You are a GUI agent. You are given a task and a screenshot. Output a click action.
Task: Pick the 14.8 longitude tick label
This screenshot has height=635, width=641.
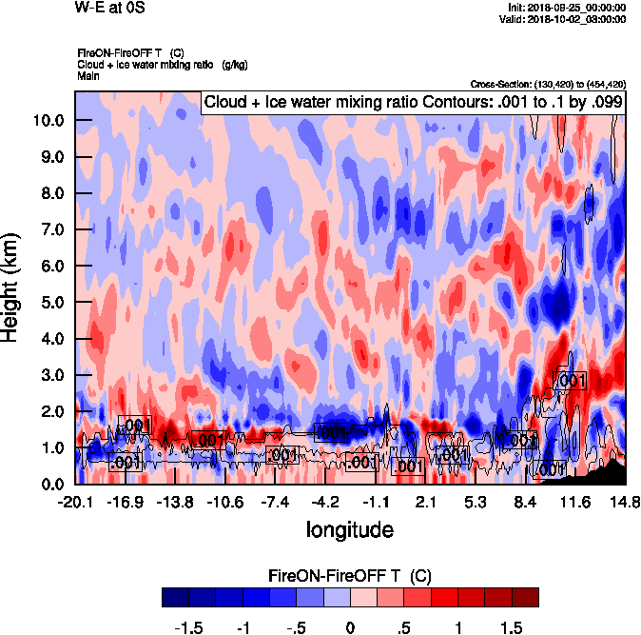pos(624,502)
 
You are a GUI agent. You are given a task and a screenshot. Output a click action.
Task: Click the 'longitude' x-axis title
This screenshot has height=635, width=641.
pos(349,527)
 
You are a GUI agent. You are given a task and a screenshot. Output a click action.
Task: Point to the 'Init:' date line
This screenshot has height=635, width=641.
pos(568,8)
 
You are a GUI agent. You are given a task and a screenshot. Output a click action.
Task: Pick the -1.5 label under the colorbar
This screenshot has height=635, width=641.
pos(190,628)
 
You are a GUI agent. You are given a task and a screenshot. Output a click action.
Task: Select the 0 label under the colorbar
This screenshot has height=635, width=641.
pos(351,628)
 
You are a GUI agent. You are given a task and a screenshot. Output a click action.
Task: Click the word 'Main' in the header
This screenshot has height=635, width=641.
pos(88,74)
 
